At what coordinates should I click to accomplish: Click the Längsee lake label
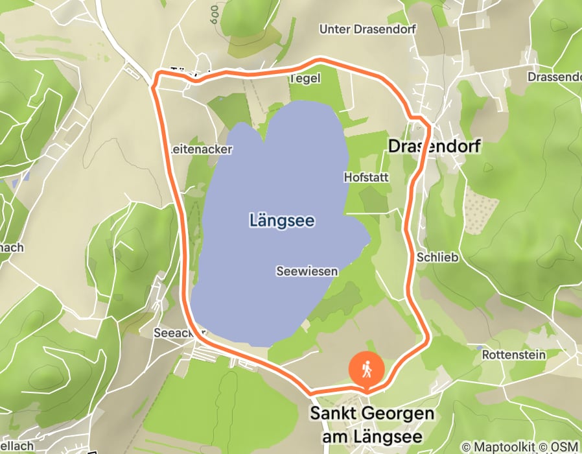click(282, 221)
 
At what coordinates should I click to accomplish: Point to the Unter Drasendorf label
click(367, 29)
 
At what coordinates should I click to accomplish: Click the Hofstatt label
click(366, 176)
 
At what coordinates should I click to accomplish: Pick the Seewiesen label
click(307, 271)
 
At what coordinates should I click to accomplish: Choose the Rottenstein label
click(514, 355)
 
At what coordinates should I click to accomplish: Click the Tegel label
click(305, 78)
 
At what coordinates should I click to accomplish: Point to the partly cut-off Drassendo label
click(554, 77)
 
